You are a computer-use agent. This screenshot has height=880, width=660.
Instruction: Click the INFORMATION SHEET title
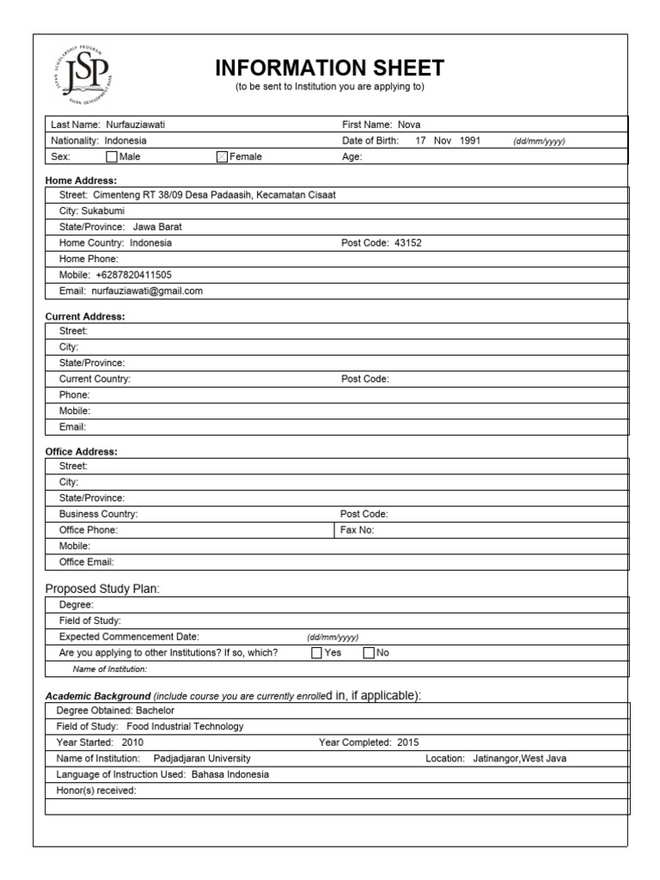tap(329, 68)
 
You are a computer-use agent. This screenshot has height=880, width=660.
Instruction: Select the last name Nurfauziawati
tap(135, 125)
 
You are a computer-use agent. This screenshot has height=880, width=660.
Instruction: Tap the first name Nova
tap(409, 125)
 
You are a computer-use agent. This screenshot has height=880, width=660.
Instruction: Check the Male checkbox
tap(112, 157)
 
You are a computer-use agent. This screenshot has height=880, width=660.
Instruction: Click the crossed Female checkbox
tap(223, 157)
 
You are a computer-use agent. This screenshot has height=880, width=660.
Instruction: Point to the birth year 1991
tap(470, 141)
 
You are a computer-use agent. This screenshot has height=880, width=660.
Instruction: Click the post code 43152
tap(407, 243)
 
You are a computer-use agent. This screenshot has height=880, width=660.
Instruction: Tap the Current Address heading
tap(84, 316)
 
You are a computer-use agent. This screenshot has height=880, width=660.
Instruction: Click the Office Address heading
tap(81, 451)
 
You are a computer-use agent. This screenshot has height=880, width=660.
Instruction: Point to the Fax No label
tap(357, 530)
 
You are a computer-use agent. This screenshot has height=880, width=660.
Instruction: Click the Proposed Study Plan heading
tap(102, 589)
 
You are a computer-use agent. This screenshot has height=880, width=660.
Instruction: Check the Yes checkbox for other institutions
tap(317, 653)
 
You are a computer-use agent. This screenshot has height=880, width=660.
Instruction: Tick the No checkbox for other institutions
tap(370, 653)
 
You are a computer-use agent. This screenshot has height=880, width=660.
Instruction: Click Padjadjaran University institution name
tap(202, 759)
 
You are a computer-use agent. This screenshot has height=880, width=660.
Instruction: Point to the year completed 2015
tap(408, 742)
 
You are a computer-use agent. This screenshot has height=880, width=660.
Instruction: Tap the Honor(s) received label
tap(95, 791)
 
